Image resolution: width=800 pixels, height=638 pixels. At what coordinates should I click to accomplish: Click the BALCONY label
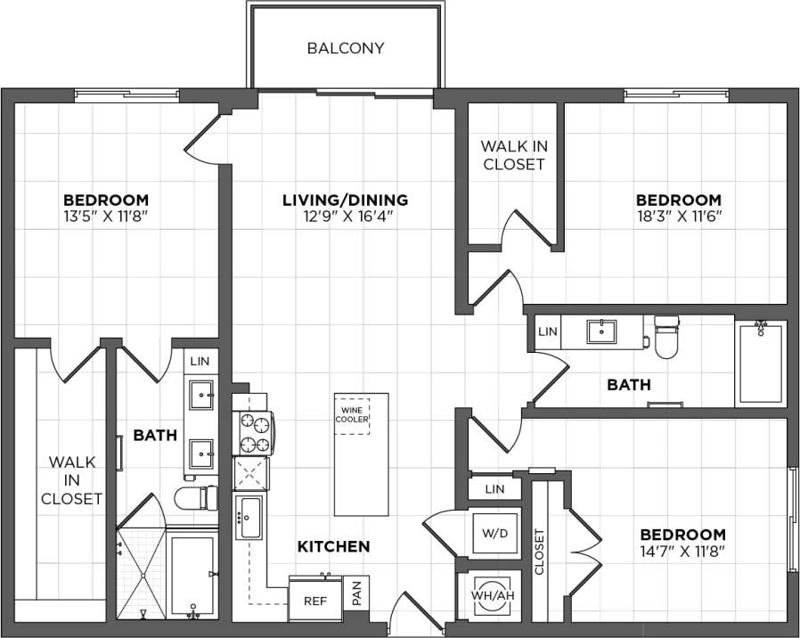(346, 48)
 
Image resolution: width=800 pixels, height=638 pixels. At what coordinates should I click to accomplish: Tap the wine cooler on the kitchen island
(352, 416)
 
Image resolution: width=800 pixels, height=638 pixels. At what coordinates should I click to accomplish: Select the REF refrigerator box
(314, 601)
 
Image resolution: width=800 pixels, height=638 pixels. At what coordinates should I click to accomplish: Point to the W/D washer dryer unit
(494, 534)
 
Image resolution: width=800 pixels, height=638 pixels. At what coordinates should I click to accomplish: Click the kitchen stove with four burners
(253, 434)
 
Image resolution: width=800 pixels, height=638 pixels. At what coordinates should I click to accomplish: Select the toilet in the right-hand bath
(667, 337)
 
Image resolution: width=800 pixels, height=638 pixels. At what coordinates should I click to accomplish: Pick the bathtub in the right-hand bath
(760, 364)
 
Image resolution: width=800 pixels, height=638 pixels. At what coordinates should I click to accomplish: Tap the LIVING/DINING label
(345, 200)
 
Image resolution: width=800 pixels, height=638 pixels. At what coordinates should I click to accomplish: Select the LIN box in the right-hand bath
(548, 331)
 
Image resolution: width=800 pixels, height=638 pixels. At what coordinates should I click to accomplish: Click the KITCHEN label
(333, 545)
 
